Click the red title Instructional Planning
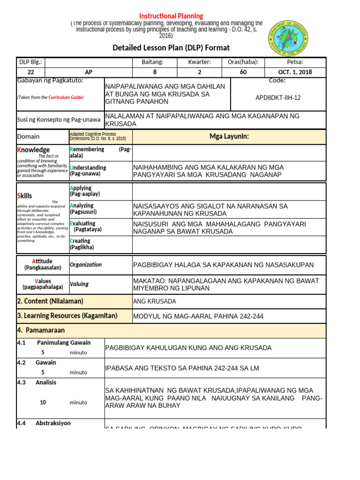(170, 16)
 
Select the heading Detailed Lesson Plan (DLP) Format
(171, 48)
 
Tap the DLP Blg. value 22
(31, 72)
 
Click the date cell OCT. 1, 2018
(295, 72)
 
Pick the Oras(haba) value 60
(243, 72)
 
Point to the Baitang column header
(155, 62)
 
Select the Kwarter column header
(199, 62)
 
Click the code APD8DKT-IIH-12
(278, 97)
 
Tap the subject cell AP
(89, 72)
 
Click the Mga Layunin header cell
(229, 136)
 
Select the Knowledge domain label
(33, 150)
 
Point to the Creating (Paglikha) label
(82, 244)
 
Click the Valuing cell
(79, 284)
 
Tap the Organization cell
(86, 264)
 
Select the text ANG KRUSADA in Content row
(155, 301)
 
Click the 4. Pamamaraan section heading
(41, 330)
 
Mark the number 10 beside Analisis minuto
(43, 402)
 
